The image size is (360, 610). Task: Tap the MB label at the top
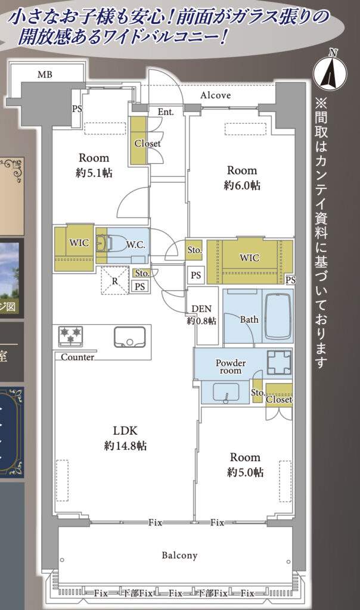(x=45, y=74)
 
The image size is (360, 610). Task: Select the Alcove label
(x=216, y=95)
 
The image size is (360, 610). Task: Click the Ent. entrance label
(x=166, y=112)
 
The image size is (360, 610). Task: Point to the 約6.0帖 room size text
(x=242, y=186)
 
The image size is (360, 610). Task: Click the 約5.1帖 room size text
(x=94, y=173)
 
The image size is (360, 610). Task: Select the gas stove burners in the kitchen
(x=70, y=336)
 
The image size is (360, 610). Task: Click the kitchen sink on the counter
(x=129, y=337)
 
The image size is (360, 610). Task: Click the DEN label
(x=201, y=309)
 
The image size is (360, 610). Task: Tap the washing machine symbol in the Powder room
(x=279, y=362)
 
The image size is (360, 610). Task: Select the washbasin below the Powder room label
(x=226, y=393)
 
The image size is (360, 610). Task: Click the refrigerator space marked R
(x=115, y=281)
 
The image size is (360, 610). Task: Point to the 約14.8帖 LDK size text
(x=125, y=446)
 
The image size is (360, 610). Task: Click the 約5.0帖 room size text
(x=245, y=472)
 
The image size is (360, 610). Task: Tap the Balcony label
(x=179, y=555)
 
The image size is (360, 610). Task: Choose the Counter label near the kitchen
(x=77, y=357)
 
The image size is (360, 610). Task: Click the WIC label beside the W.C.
(x=79, y=243)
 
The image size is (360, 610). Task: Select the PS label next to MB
(x=77, y=109)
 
